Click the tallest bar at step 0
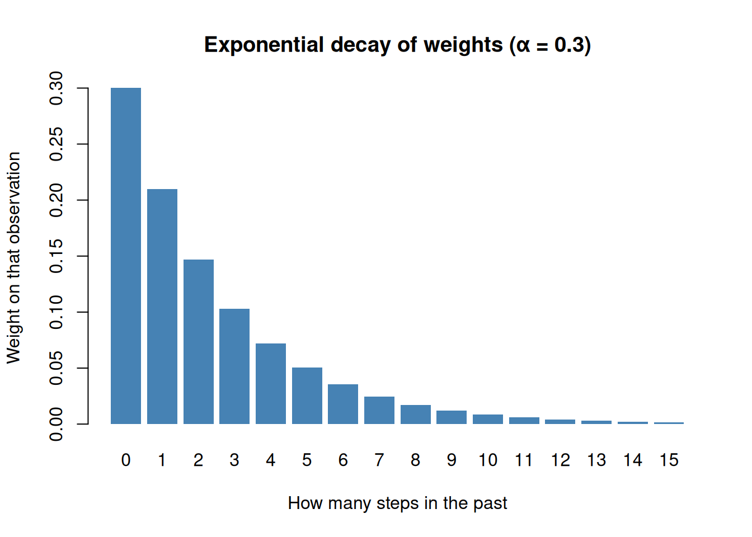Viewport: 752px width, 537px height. tap(126, 256)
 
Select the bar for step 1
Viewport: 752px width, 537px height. tap(162, 307)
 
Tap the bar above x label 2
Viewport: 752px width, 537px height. tap(199, 342)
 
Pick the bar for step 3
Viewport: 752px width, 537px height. tap(234, 366)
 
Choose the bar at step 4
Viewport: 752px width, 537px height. tap(271, 384)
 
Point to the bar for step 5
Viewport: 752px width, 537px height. tap(307, 395)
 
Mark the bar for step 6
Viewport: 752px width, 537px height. tap(343, 404)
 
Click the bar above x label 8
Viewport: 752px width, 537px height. tap(415, 414)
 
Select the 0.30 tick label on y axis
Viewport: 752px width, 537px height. tap(56, 88)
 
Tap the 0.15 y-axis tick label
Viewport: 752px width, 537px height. tap(56, 256)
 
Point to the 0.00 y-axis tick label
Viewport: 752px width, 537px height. tap(56, 424)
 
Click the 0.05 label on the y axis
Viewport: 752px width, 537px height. tap(56, 368)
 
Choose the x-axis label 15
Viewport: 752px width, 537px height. tap(669, 460)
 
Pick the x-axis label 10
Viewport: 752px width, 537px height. tap(488, 460)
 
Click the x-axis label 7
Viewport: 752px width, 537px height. tap(379, 460)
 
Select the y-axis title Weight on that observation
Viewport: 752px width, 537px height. tap(14, 257)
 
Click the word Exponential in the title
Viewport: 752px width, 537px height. tap(264, 45)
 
